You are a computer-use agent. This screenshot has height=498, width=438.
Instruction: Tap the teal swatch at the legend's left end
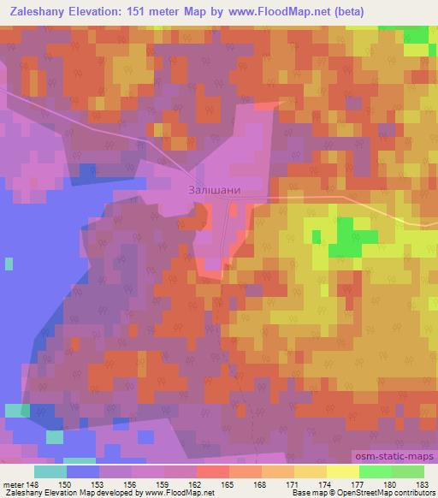tap(50, 471)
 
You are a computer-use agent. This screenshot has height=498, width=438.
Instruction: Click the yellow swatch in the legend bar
tap(343, 471)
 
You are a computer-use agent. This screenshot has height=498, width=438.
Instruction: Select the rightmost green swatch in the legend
tap(408, 471)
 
